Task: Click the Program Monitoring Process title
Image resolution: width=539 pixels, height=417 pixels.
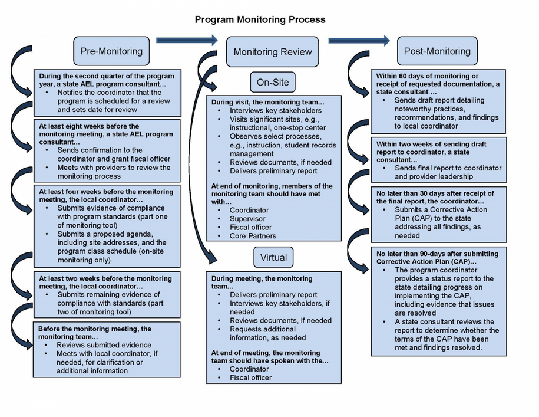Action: [260, 19]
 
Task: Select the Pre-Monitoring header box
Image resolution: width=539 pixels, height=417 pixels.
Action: [111, 51]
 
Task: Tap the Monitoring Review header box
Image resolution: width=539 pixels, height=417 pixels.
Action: [273, 52]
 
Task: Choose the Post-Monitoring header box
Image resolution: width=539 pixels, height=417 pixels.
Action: [437, 51]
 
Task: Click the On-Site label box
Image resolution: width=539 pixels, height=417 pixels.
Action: [273, 82]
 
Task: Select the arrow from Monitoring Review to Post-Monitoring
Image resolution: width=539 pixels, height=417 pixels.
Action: [359, 40]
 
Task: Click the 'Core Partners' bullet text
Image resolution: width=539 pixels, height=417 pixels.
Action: [253, 236]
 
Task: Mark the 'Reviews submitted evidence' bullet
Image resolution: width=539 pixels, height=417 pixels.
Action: [104, 345]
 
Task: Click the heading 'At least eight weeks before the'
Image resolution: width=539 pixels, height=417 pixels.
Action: [89, 126]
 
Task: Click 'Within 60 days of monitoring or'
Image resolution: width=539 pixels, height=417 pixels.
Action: [427, 76]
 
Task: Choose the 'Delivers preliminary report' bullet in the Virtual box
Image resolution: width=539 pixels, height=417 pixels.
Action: [273, 295]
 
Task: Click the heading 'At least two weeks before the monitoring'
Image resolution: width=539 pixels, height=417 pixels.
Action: [105, 278]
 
